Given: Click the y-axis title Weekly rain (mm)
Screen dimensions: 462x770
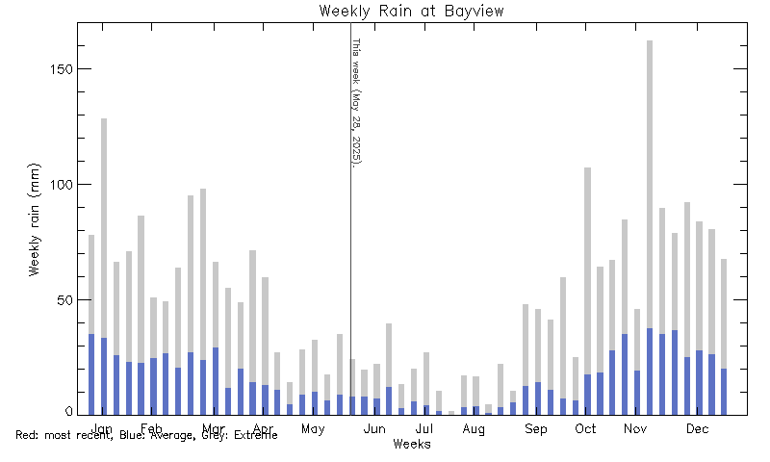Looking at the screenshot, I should point(35,218).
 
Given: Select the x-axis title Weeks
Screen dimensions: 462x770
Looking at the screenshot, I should point(412,445).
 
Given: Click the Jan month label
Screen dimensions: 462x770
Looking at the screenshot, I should point(103,428).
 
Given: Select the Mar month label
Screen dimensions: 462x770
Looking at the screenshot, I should point(213,428).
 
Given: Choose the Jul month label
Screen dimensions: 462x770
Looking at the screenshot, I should point(423,428).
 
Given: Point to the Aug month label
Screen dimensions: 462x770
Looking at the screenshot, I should point(474,428).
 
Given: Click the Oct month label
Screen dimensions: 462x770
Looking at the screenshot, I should point(585,428).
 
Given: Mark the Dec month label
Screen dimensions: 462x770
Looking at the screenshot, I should point(697,428).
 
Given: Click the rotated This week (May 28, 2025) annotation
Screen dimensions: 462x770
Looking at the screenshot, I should point(355,102).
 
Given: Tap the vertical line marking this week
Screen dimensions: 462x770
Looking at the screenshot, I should point(350,289).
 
